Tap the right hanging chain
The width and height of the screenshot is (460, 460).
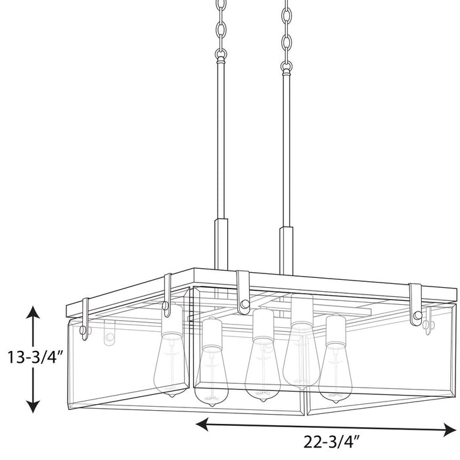click(287, 33)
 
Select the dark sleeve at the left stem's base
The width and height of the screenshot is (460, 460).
click(220, 242)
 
